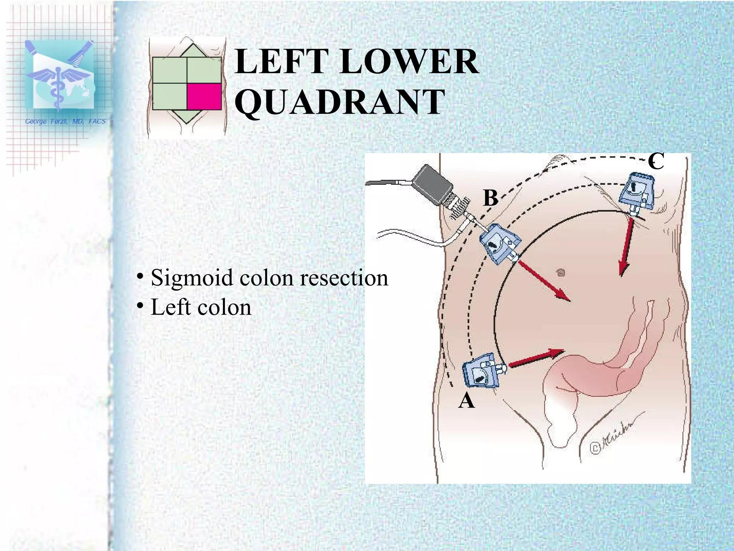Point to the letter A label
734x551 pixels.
(467, 401)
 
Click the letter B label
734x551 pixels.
(490, 198)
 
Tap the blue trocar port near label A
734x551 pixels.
(482, 375)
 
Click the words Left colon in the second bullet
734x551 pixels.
(201, 307)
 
